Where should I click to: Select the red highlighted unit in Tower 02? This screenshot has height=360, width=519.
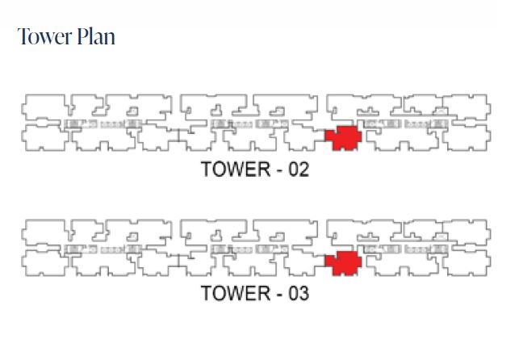[x=342, y=138]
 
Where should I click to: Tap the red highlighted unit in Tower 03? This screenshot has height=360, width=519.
[x=342, y=263]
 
